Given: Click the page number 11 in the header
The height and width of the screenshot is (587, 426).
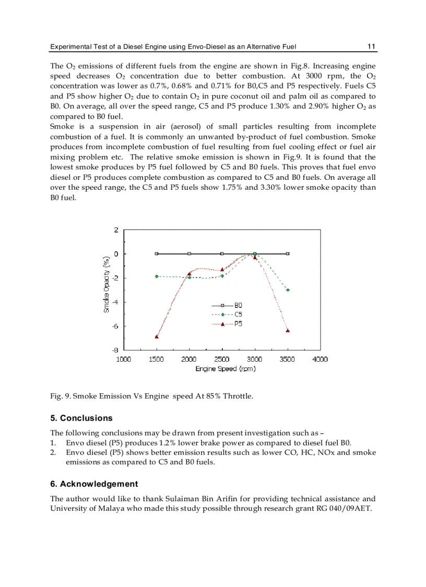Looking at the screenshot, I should tap(371, 47).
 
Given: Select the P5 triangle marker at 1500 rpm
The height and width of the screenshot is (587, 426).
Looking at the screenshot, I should tap(157, 337).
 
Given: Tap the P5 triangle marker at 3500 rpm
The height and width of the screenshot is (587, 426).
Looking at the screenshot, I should tap(288, 330).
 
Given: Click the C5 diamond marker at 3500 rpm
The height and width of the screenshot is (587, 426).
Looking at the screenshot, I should tap(288, 290).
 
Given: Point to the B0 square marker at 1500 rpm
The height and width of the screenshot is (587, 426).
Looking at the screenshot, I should tap(157, 254).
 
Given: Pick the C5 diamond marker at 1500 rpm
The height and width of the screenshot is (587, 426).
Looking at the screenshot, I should tap(157, 276).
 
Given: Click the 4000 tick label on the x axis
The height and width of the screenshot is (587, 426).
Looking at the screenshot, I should tap(320, 359).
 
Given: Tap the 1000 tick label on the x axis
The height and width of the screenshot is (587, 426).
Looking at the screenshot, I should tap(124, 359).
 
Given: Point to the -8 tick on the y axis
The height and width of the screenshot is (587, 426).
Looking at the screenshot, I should tap(115, 350).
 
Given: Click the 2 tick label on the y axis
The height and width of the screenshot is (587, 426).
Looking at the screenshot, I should tap(116, 230).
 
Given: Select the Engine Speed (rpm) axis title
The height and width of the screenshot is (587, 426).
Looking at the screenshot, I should tap(225, 369).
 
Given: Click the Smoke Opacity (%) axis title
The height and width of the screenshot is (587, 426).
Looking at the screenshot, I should tap(106, 290).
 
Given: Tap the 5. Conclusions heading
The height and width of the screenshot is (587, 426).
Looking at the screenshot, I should tap(81, 418).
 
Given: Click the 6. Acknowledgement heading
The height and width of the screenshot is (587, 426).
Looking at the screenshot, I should tap(94, 484).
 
